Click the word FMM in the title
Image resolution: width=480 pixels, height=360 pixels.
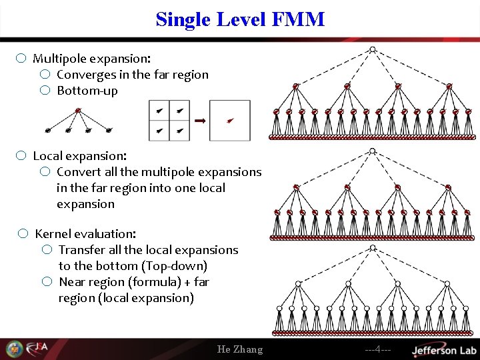(298, 19)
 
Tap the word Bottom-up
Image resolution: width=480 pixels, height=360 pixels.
(87, 91)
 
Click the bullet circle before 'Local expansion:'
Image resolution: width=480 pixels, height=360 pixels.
(21, 155)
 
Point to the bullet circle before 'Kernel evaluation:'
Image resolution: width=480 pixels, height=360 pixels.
(23, 233)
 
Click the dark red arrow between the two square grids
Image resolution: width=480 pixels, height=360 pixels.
(200, 120)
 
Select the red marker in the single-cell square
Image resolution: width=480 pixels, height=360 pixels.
(230, 121)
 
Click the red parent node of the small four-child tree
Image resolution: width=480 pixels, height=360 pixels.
(79, 110)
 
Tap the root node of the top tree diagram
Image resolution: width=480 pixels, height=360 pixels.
(373, 49)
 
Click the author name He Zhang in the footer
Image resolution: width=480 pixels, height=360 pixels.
(240, 349)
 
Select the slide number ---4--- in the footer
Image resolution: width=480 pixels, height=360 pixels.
(377, 349)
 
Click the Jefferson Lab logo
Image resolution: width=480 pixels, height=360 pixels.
(443, 349)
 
